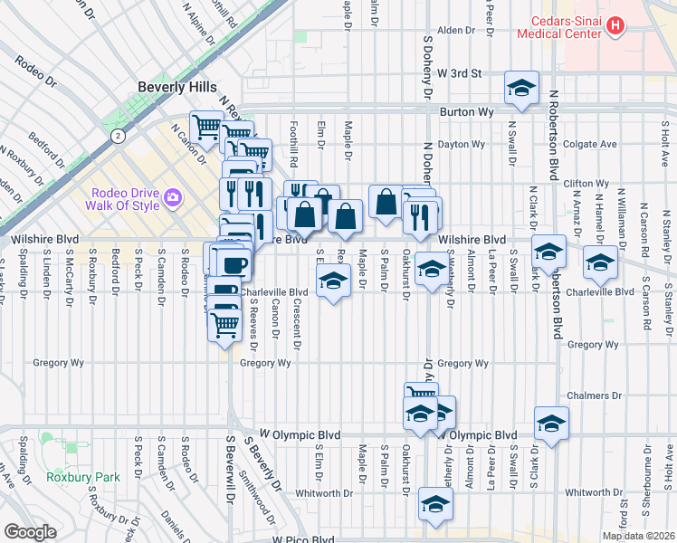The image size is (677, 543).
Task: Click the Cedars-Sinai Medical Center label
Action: pos(558,27)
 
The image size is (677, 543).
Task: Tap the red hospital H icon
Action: pos(616,25)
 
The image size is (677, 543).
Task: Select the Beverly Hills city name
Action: pos(177,87)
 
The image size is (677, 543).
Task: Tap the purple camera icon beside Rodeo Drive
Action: pos(173,196)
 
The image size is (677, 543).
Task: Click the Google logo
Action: pos(30,532)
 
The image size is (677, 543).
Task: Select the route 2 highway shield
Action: pos(118,135)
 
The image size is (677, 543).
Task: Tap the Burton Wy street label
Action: pos(464,112)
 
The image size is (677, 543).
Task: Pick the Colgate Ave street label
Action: pos(589,144)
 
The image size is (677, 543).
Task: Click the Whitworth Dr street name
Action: pos(323,493)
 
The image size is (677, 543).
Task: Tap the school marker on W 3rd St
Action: pos(522,88)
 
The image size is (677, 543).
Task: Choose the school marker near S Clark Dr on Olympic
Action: pos(551,424)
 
